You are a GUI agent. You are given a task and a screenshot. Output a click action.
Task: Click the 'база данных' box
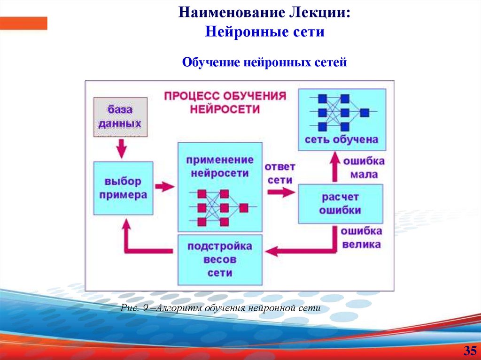pyautogui.click(x=120, y=117)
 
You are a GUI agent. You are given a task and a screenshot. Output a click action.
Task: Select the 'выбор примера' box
pyautogui.click(x=123, y=188)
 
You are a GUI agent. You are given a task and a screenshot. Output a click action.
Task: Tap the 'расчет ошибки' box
pyautogui.click(x=340, y=203)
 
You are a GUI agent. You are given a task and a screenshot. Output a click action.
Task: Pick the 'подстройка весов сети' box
pyautogui.click(x=220, y=259)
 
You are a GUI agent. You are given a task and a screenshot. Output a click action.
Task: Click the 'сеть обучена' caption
pyautogui.click(x=341, y=139)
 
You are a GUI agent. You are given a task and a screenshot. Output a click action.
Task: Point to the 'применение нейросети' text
pyautogui.click(x=220, y=166)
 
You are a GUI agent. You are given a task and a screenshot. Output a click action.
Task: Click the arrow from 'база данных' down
pyautogui.click(x=121, y=148)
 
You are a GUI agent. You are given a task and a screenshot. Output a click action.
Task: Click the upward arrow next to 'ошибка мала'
pyautogui.click(x=334, y=167)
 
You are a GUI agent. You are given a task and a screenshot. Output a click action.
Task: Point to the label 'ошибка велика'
pyautogui.click(x=361, y=237)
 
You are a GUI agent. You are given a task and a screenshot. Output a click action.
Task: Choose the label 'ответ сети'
pyautogui.click(x=279, y=173)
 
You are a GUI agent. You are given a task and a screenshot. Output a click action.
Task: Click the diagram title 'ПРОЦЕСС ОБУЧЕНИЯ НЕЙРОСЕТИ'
pyautogui.click(x=225, y=102)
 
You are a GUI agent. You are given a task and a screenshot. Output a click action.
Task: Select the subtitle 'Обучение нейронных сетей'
pyautogui.click(x=264, y=62)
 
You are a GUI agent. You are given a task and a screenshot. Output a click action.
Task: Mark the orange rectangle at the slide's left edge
pyautogui.click(x=23, y=23)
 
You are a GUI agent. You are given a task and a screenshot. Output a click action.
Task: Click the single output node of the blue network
pyautogui.click(x=365, y=113)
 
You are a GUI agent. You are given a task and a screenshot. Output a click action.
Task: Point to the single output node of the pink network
pyautogui.click(x=243, y=207)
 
